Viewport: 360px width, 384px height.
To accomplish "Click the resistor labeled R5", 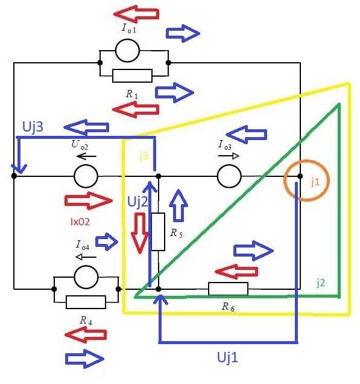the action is (158, 232).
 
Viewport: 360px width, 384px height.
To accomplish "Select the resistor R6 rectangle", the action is (228, 289).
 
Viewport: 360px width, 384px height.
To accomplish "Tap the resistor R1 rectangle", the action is (132, 75).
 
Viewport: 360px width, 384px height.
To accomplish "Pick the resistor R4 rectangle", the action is (86, 302).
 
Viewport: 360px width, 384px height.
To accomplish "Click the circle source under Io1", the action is (127, 51).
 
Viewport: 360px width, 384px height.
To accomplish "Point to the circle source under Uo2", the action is (86, 176).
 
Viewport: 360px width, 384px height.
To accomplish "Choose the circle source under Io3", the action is (229, 176).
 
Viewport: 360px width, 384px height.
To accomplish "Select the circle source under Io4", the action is (86, 277).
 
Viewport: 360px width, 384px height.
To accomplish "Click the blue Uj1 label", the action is (227, 357).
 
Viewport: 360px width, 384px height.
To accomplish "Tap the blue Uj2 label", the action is (137, 202).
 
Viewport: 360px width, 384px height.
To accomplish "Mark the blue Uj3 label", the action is (33, 127).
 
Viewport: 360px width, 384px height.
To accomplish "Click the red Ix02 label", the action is (80, 222).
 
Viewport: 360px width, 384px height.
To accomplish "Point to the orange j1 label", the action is (315, 182).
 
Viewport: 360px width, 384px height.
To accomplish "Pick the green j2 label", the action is (321, 283).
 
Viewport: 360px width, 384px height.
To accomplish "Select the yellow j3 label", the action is (144, 156).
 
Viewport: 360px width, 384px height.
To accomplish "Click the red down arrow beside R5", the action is (140, 233).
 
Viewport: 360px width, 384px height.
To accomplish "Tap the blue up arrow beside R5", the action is (178, 206).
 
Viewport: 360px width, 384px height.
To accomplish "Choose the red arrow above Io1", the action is (136, 14).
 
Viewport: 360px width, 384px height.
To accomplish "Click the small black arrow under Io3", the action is (229, 156).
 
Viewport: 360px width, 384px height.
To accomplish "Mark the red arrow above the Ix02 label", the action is (89, 201).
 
